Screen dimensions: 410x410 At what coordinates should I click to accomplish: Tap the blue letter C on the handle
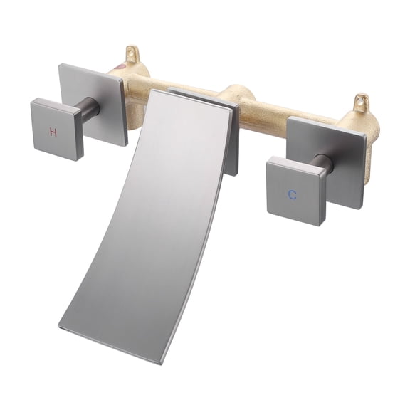(292, 194)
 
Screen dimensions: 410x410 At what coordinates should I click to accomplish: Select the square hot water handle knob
(57, 128)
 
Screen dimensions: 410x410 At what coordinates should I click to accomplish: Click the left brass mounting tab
(132, 56)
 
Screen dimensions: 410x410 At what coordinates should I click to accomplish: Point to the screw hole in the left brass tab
(132, 51)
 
